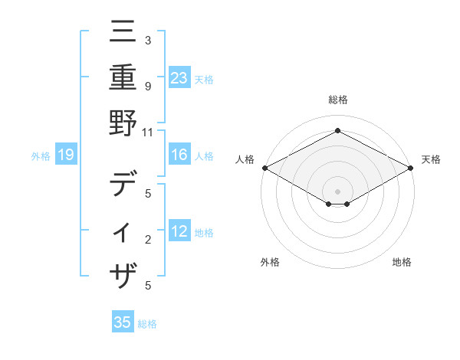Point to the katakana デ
[123, 185]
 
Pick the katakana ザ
[123, 275]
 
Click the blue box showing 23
[179, 77]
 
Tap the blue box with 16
[179, 155]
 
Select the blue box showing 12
[179, 231]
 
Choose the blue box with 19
[66, 155]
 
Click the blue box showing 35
[123, 322]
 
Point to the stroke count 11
[148, 132]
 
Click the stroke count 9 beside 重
[148, 87]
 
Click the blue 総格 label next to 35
[147, 324]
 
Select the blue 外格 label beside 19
[41, 156]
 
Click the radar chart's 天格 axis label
[431, 159]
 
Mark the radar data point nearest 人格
[264, 168]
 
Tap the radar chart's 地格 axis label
[402, 262]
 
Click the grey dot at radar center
[337, 191]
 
